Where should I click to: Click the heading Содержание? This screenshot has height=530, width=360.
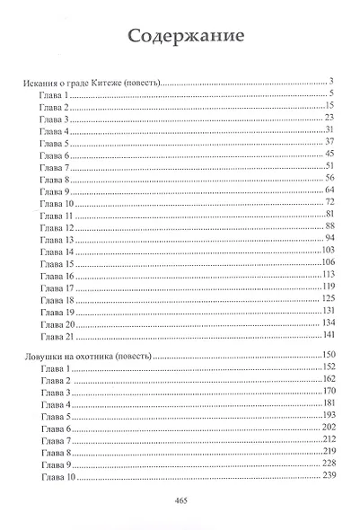pyautogui.click(x=180, y=38)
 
